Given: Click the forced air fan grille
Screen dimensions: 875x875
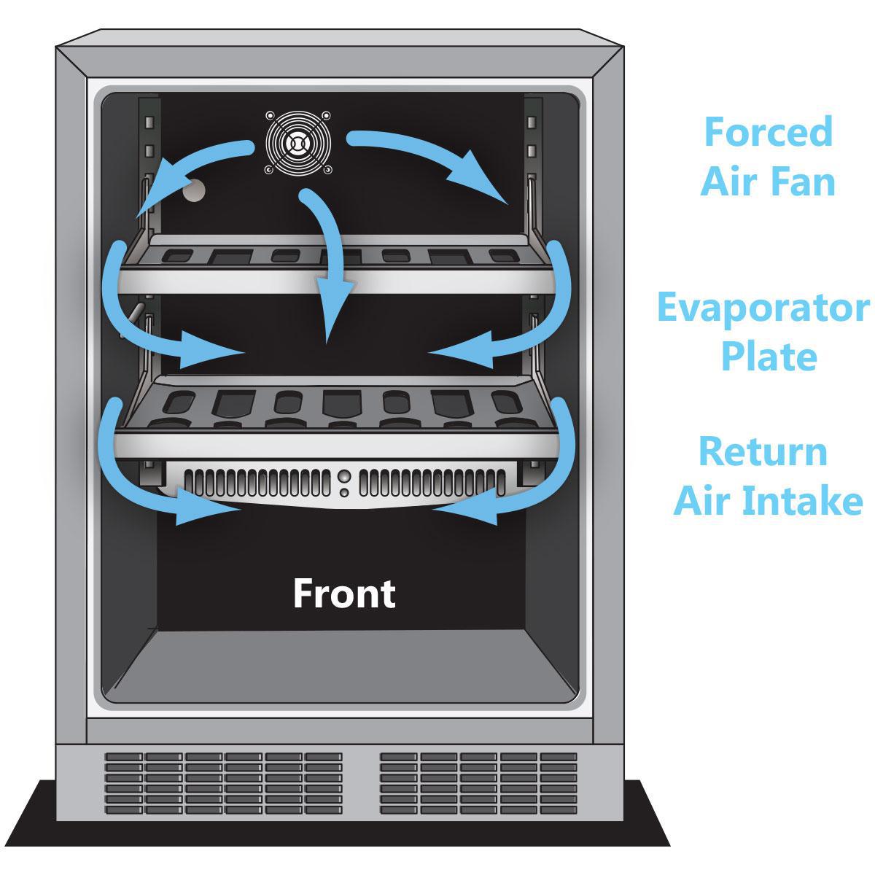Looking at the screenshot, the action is [298, 143].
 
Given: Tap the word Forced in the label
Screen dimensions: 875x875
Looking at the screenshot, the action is [768, 132].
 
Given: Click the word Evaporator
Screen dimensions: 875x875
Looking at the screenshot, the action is [763, 308].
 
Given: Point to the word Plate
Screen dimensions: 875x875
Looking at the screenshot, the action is [769, 357].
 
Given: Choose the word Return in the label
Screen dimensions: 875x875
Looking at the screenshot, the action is [763, 451].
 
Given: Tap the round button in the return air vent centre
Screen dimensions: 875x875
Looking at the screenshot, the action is [344, 477].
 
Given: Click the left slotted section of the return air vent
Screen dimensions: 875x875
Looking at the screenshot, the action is [257, 483].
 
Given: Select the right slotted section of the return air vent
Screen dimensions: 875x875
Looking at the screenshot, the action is [432, 483].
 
